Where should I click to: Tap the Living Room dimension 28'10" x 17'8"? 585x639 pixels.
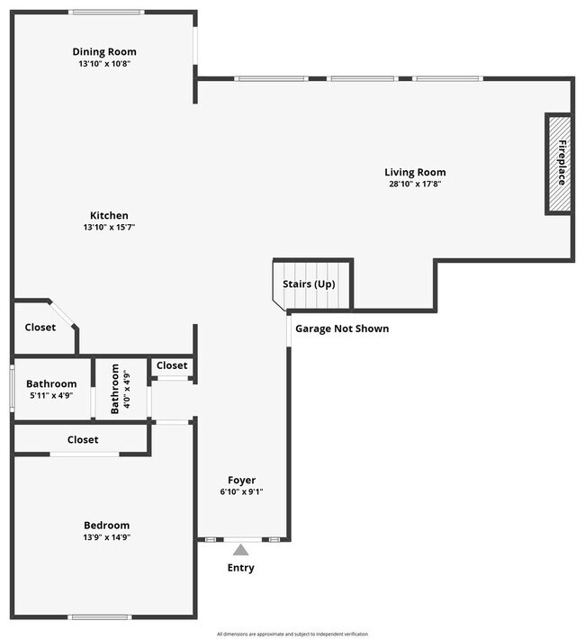coord(415,184)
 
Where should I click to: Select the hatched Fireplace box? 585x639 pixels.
coord(559,164)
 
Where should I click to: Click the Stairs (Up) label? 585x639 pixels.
coord(309,284)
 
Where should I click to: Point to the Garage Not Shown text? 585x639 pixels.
coord(342,328)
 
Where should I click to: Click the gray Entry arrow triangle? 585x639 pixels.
coord(240,549)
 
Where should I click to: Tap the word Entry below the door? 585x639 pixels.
coord(240,568)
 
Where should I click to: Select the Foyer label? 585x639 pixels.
coord(241,481)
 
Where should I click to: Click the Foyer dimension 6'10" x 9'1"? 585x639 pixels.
coord(241,492)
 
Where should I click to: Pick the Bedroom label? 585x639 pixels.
coord(106,526)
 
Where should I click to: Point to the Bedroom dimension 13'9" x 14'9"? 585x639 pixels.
coord(106,537)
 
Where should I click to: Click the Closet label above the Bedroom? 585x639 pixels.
coord(83,440)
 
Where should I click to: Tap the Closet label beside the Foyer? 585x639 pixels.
coord(172,365)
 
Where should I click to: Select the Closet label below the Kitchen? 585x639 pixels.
coord(40,328)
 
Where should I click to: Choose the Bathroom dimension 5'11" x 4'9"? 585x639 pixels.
coord(51,395)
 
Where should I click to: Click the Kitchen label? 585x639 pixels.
coord(108,216)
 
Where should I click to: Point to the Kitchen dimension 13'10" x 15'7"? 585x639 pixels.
coord(108,227)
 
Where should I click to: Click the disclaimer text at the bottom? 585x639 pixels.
coord(292,634)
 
